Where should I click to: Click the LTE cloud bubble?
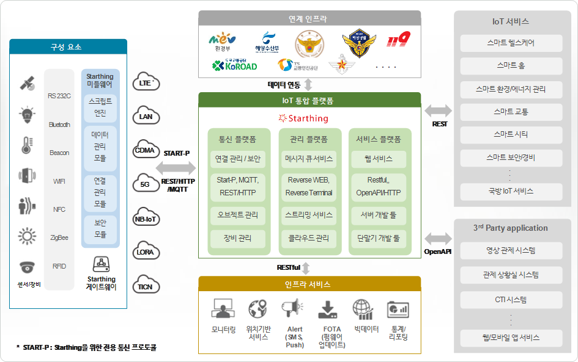tap(146, 82)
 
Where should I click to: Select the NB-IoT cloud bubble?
tap(146, 219)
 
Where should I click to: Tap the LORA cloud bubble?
tap(146, 252)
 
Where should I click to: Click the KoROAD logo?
tap(234, 65)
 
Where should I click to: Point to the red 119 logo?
tap(398, 40)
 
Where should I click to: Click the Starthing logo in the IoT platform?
tap(303, 118)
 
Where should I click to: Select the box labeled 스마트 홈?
tap(511, 66)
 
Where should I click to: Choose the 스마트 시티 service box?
tap(511, 134)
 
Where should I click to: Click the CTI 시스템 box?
tap(511, 299)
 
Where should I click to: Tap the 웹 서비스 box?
tap(379, 159)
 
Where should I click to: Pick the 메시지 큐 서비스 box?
tap(309, 159)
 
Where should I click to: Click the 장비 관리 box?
tap(239, 237)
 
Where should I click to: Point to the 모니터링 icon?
tap(223, 309)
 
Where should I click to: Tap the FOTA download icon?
tap(328, 309)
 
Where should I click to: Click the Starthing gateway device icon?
tap(101, 264)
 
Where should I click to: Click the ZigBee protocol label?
tap(59, 237)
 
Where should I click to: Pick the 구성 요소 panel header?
tap(68, 47)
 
